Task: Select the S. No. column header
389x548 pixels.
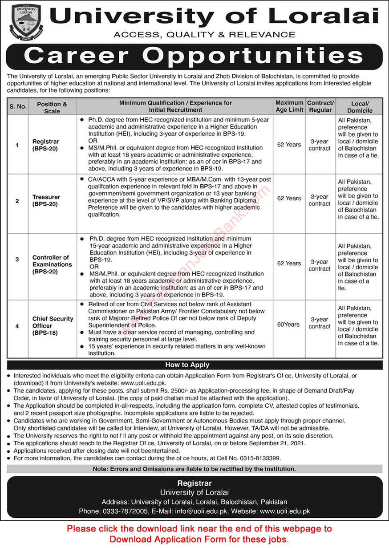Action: tap(17, 107)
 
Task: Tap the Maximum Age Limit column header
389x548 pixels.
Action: tap(289, 106)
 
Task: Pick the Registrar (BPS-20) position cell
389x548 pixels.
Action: tap(46, 145)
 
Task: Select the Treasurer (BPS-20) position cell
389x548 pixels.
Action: tap(46, 200)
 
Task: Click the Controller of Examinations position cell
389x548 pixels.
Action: tap(52, 264)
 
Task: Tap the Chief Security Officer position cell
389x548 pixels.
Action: tap(53, 326)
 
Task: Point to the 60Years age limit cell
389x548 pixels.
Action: tap(288, 325)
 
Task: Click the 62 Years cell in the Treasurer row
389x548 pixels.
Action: tap(289, 198)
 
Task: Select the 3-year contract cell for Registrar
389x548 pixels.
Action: tap(320, 145)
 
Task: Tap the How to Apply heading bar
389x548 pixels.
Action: tap(187, 365)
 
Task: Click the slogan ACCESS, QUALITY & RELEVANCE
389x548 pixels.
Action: tap(204, 35)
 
